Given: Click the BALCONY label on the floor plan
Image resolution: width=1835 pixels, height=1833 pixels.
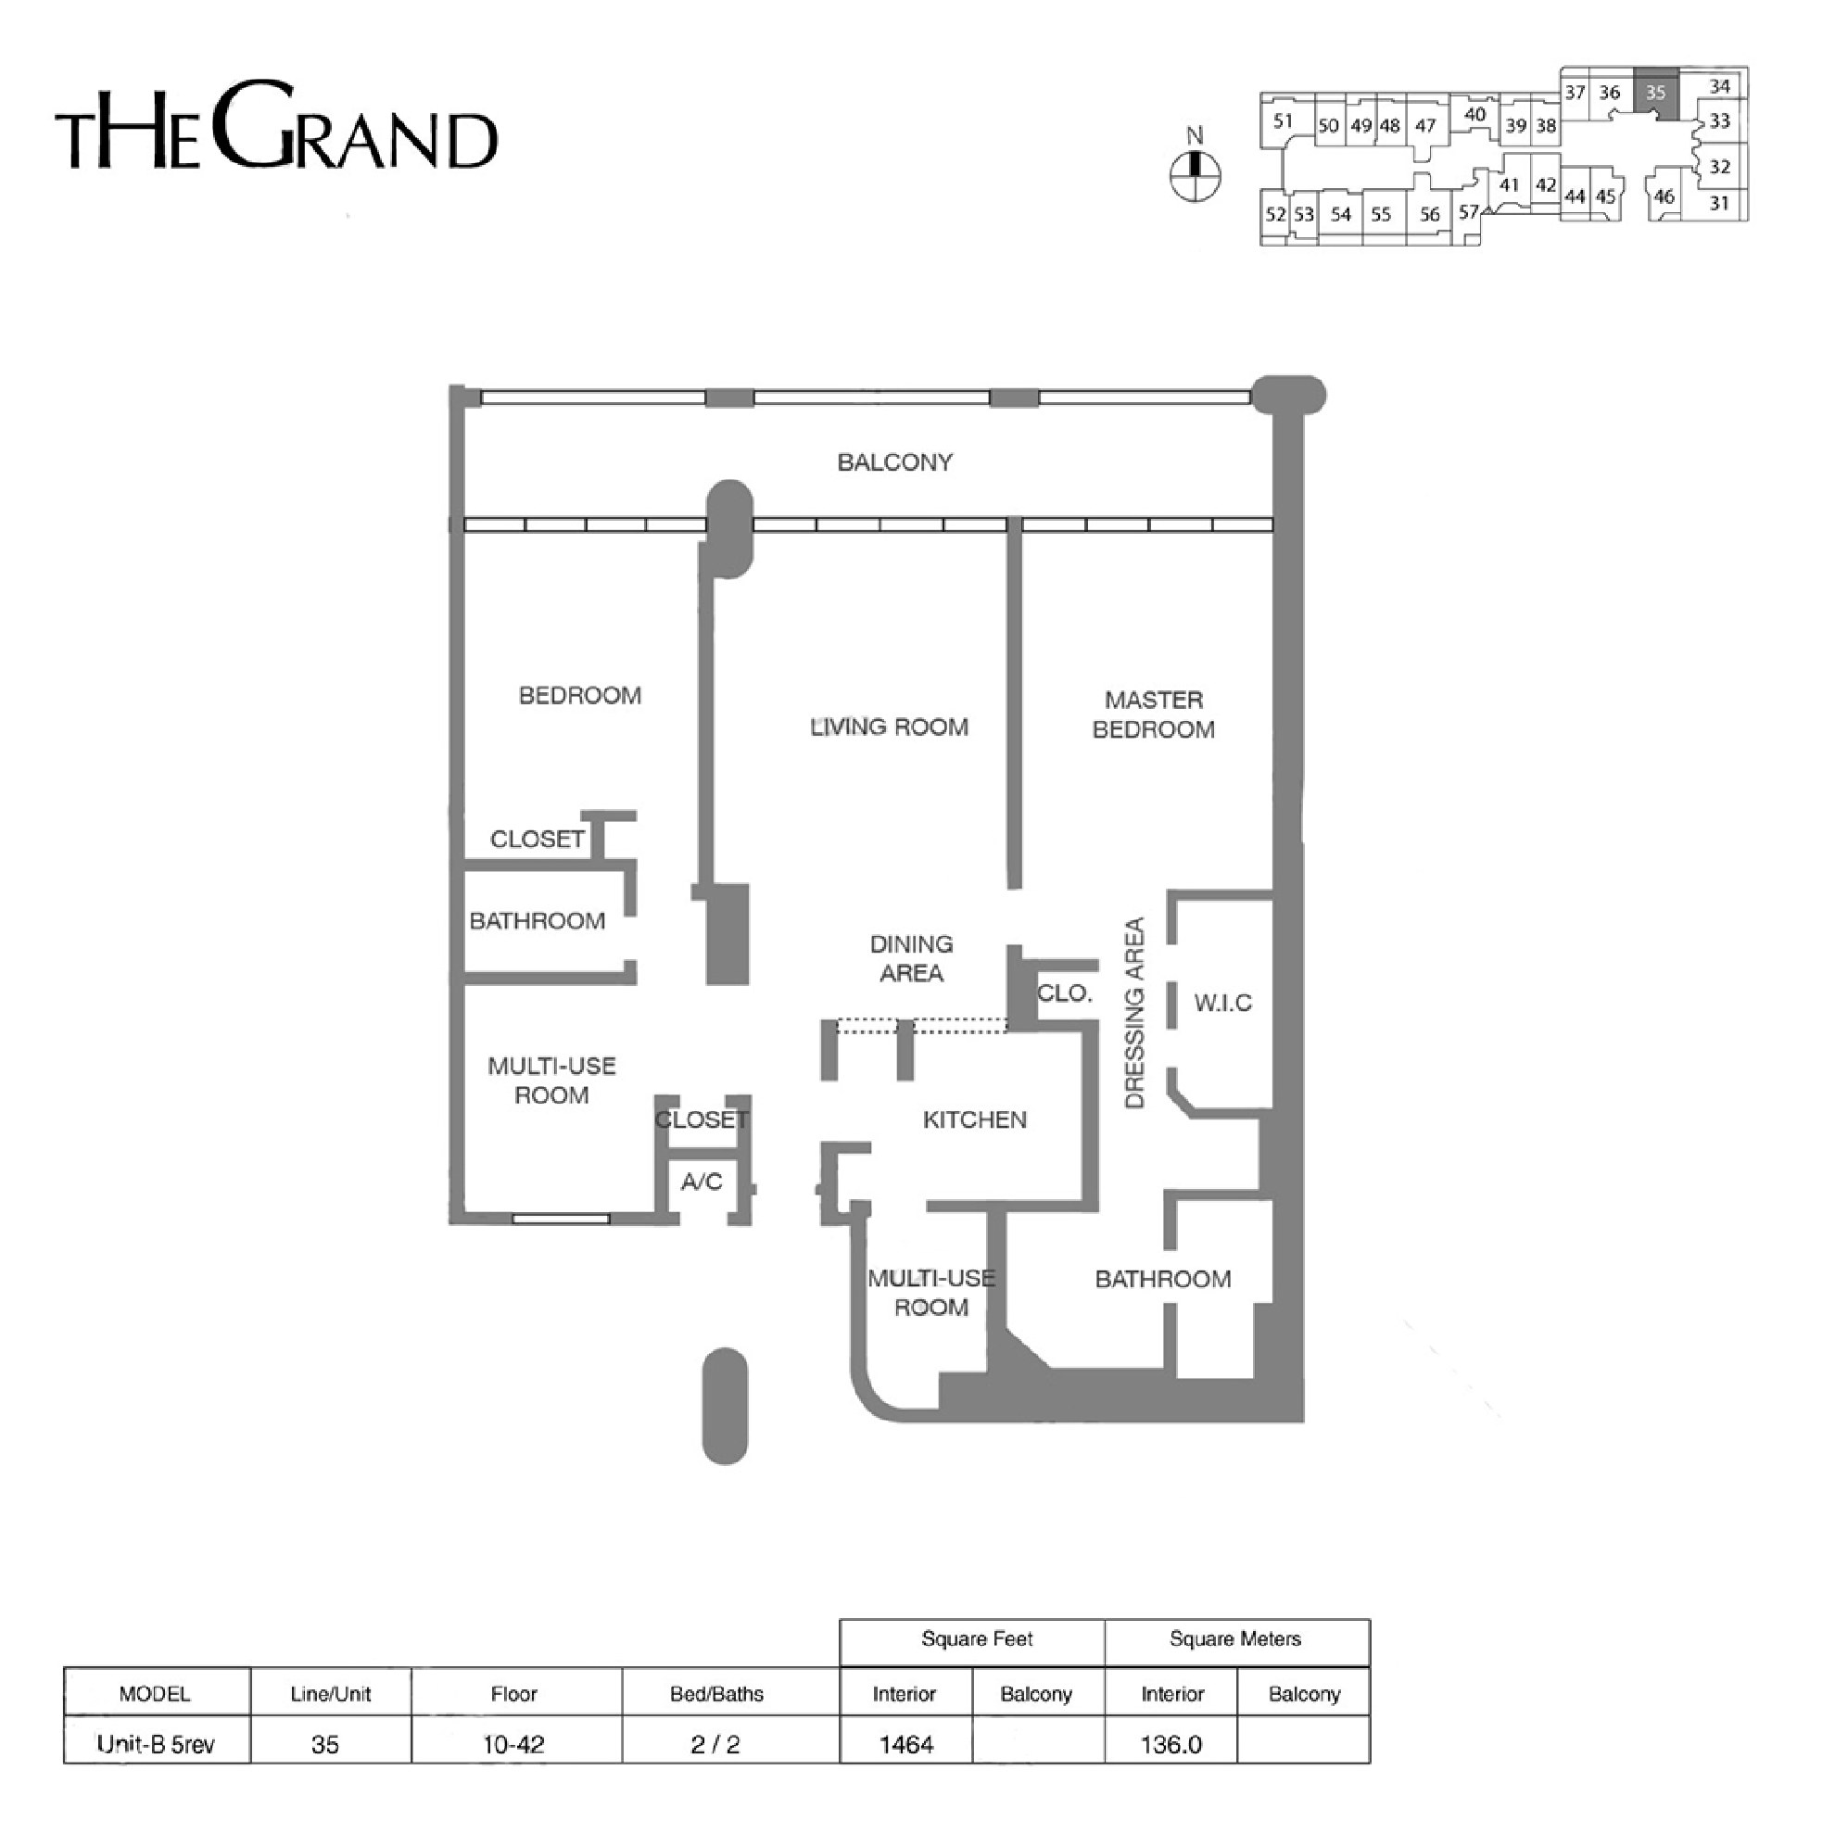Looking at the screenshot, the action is (893, 462).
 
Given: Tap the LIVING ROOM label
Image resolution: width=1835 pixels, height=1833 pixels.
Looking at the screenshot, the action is (889, 727).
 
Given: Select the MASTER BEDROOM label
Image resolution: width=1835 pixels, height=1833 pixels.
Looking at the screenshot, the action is (1153, 714).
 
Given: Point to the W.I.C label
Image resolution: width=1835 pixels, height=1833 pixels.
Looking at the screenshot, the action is (1222, 1003).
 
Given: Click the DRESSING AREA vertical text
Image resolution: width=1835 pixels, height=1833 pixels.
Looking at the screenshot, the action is (1134, 1013).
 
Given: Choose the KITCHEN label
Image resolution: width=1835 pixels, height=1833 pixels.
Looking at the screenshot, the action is (974, 1119).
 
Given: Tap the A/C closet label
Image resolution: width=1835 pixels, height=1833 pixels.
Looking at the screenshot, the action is (702, 1182).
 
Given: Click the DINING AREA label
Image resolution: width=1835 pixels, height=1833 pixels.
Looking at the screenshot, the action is (911, 958).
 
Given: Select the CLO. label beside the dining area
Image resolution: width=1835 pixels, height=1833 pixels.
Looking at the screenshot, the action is (1064, 993).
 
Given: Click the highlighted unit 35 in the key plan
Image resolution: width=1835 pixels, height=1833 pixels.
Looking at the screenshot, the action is (1655, 93).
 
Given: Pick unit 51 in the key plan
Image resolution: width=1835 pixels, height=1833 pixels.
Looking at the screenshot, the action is (1284, 120).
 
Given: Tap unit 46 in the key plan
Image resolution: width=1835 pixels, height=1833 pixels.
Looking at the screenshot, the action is (1664, 196).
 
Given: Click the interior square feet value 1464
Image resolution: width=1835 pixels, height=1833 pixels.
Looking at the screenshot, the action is (906, 1745).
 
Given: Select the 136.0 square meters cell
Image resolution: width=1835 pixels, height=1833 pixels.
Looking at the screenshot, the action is (1171, 1745).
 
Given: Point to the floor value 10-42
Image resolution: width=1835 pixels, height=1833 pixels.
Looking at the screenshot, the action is (513, 1745).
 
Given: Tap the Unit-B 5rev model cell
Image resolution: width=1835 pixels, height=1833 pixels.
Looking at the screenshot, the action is (156, 1745).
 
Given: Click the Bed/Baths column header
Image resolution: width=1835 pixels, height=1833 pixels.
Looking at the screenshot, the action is (716, 1694).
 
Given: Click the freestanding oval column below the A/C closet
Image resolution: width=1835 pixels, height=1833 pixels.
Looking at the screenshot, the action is (725, 1406).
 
